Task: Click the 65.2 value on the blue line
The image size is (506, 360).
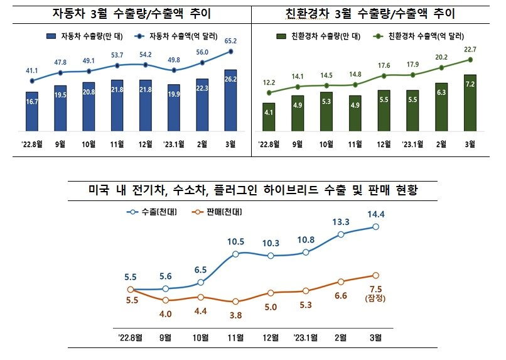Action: tap(230, 42)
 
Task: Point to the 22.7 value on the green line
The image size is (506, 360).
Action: tap(470, 50)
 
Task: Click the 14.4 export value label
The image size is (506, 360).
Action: tap(376, 215)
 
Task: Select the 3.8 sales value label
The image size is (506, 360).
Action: tap(235, 316)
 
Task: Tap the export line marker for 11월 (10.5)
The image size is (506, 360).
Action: tap(235, 254)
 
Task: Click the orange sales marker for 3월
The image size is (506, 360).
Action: tap(376, 275)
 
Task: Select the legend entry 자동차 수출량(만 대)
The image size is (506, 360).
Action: tap(85, 36)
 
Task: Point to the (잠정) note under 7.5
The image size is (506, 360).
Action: tap(376, 298)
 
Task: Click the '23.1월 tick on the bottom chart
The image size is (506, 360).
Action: tap(306, 337)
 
